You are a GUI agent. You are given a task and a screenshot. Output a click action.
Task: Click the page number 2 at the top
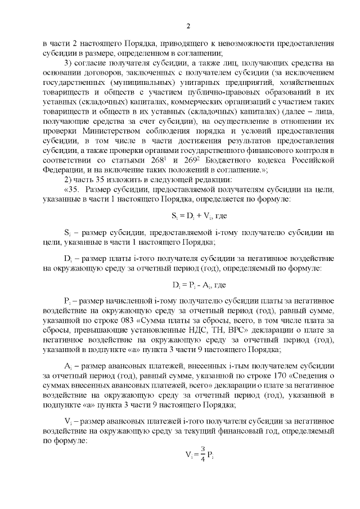tap(188, 25)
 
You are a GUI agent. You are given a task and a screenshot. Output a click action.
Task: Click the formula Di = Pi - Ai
tap(183, 285)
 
